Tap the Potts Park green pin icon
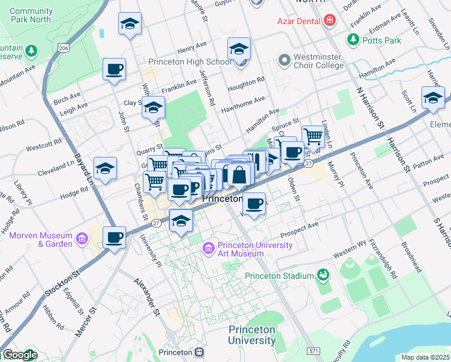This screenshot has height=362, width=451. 353,39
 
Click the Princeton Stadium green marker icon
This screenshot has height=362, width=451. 323,275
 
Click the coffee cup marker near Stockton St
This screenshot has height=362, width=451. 113,237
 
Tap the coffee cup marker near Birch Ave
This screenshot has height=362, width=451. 113,69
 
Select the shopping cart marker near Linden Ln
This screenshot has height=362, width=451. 312,136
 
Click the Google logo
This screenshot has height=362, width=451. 19,355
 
